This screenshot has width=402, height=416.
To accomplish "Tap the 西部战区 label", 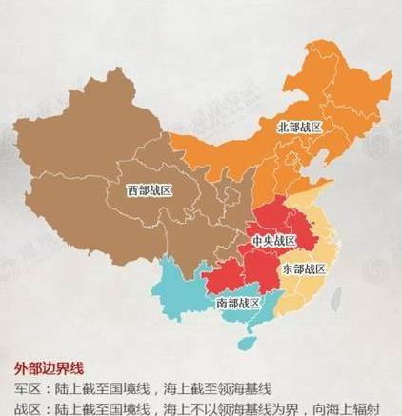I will click(150, 189).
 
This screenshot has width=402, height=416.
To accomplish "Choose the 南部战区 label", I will click(237, 303).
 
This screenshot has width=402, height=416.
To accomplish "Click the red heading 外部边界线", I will click(50, 368).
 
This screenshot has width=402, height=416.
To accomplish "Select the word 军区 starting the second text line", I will click(27, 388).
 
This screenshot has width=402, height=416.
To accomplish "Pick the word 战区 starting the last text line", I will click(27, 408).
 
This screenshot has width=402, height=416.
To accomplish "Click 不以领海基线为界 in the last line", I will click(238, 408).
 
